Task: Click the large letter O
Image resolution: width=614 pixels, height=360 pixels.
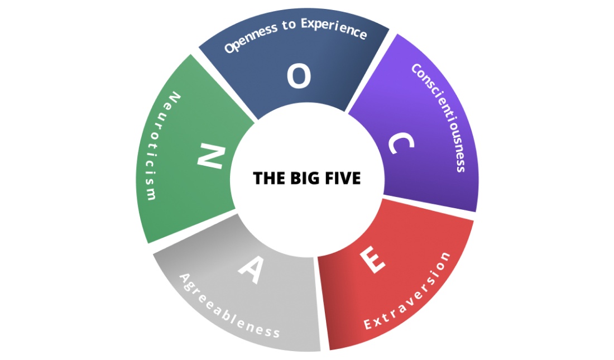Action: tap(299, 76)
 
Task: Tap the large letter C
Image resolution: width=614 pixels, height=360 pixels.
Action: tap(401, 143)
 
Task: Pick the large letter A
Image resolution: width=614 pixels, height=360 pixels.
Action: tap(251, 270)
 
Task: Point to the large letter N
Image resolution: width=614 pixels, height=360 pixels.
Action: tap(211, 156)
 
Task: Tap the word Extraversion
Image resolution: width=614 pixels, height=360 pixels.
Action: tap(408, 292)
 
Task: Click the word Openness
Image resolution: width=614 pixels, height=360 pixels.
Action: tap(251, 39)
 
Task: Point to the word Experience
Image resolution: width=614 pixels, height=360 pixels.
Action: tap(334, 28)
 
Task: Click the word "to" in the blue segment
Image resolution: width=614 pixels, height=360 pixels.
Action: tap(289, 25)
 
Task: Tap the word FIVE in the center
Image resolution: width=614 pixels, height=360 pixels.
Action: tap(343, 178)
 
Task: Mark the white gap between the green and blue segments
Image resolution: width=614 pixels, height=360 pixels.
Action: tap(224, 85)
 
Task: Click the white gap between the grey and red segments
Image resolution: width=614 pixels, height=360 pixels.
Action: tap(319, 304)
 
